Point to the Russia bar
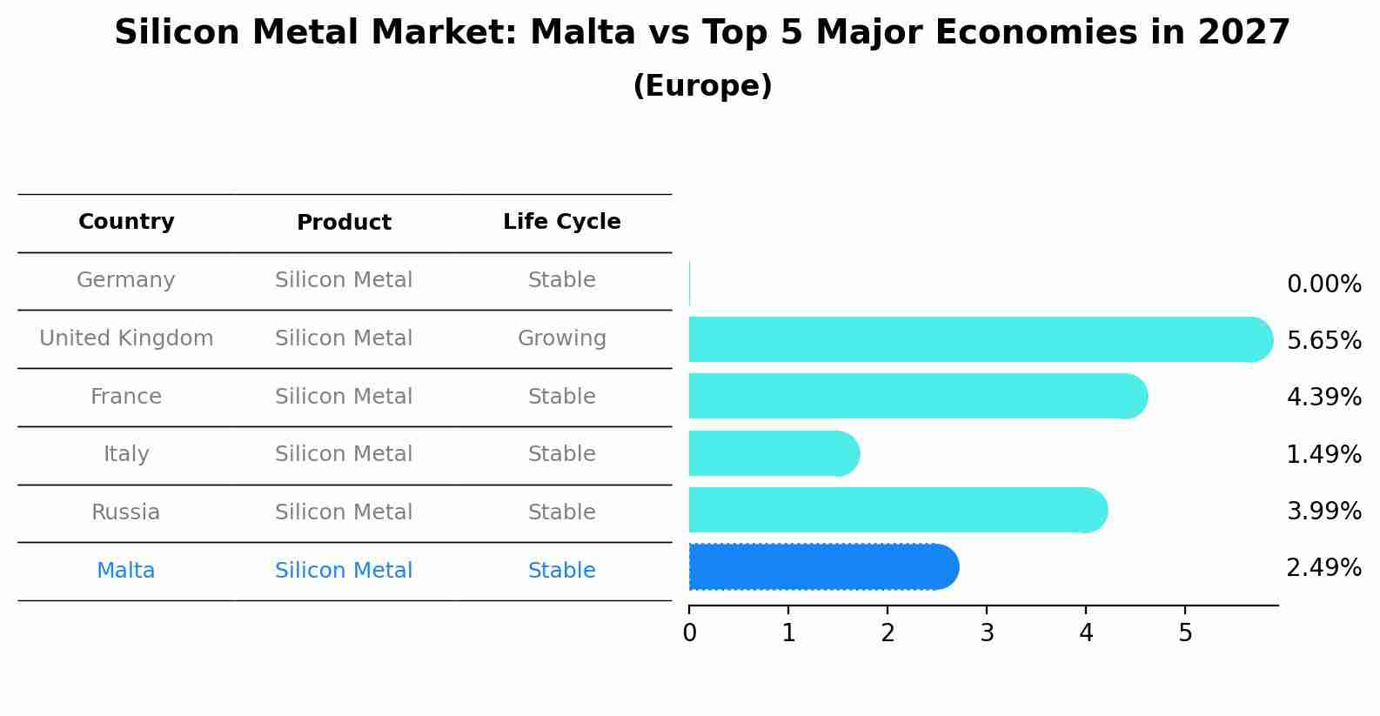(x=896, y=510)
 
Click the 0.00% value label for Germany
(x=1323, y=284)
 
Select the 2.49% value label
(x=1323, y=568)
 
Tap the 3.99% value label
(x=1323, y=512)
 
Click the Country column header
(x=126, y=222)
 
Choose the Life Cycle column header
(x=561, y=222)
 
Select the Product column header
(x=344, y=223)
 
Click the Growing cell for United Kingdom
(x=561, y=338)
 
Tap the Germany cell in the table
(x=126, y=280)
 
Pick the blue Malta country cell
(x=126, y=571)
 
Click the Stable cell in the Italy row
(x=561, y=454)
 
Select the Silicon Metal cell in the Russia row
(x=344, y=512)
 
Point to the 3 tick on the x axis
(x=987, y=633)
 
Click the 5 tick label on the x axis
(x=1185, y=633)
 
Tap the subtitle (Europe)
(x=702, y=86)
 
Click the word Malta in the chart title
(x=582, y=33)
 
